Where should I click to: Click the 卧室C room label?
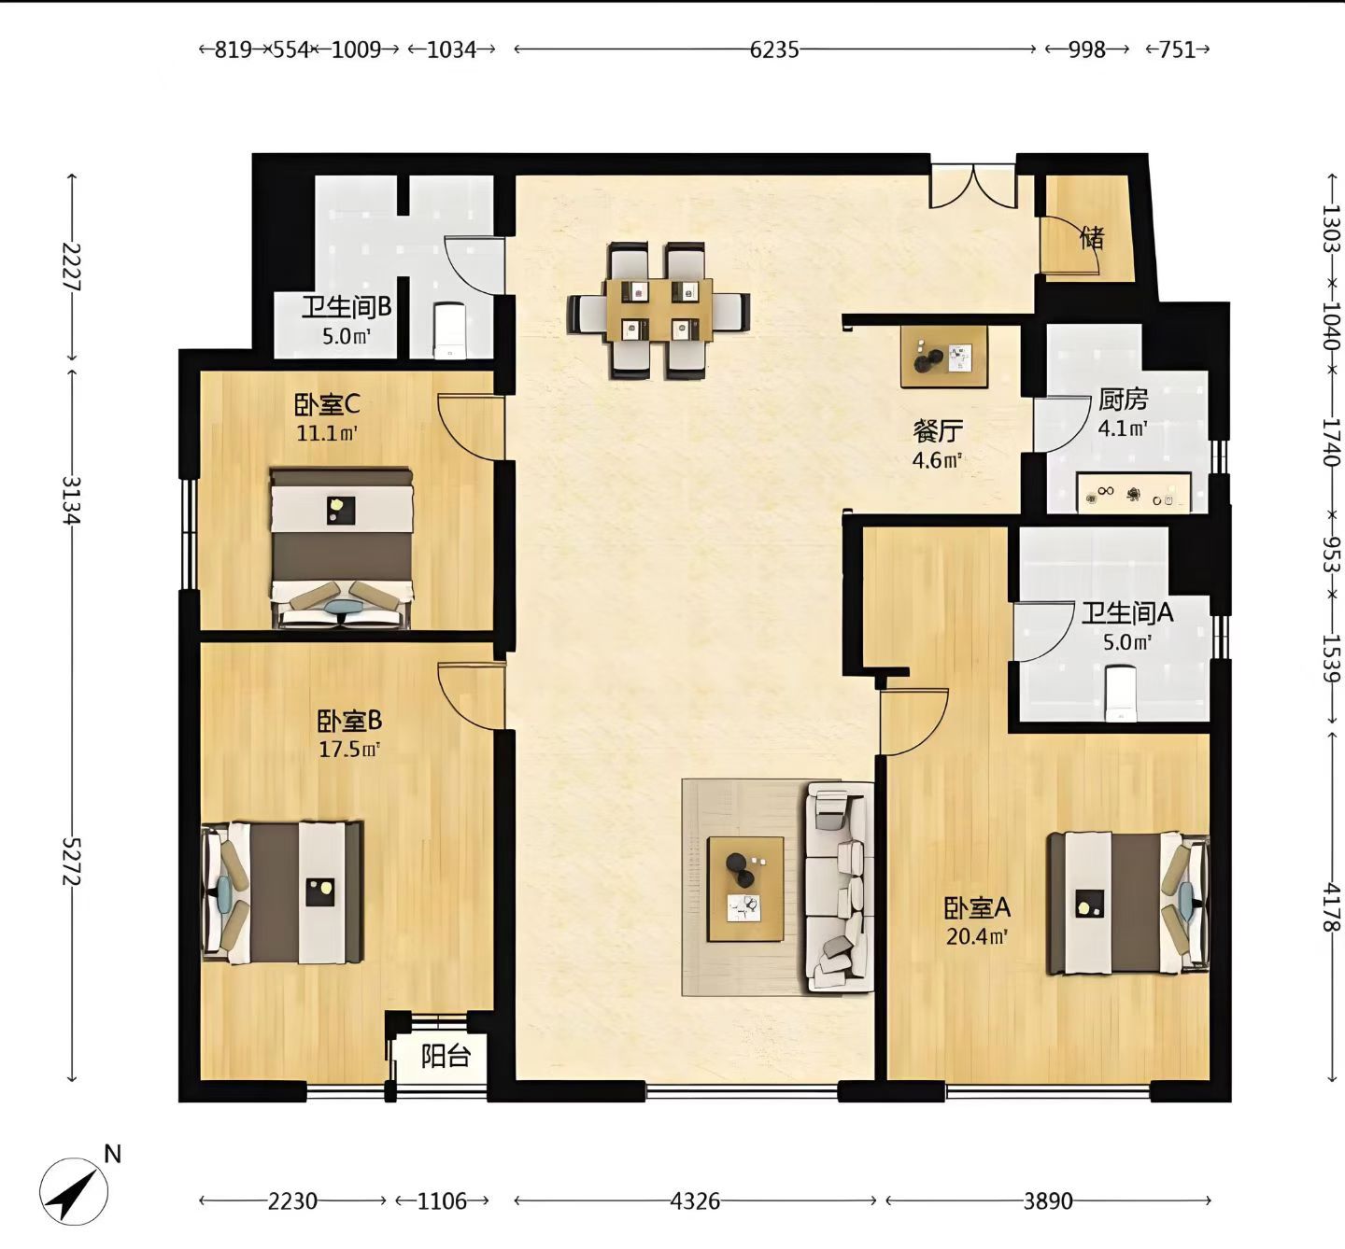click(326, 405)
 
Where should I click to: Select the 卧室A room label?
click(977, 907)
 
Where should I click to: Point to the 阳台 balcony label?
click(446, 1056)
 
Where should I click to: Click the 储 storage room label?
click(1092, 238)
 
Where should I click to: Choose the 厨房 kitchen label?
click(1123, 400)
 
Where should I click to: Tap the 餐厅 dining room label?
click(938, 430)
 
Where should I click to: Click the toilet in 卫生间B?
click(448, 330)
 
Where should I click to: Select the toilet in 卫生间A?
click(1120, 694)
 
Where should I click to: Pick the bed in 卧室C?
click(342, 548)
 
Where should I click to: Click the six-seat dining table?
click(658, 310)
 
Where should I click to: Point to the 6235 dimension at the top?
click(774, 49)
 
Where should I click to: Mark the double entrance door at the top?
click(973, 186)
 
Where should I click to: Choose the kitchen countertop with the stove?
click(1134, 493)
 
